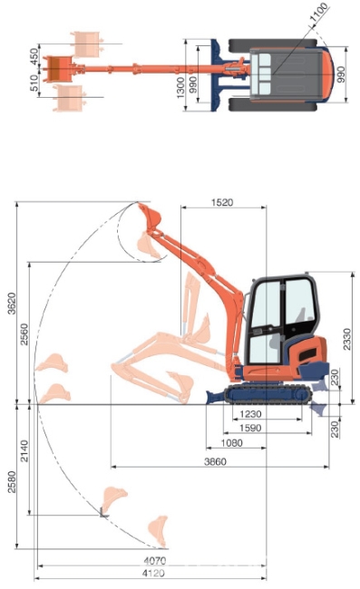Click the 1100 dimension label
click(318, 13)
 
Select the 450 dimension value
click(34, 56)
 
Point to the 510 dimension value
click(34, 83)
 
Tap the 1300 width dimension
click(180, 88)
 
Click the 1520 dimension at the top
click(222, 202)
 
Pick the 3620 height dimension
click(12, 304)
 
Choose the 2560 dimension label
click(24, 334)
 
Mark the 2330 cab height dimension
click(346, 339)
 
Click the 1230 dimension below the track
click(250, 414)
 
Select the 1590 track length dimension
click(250, 428)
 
